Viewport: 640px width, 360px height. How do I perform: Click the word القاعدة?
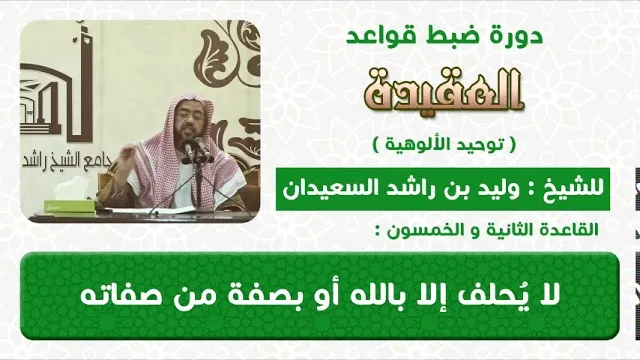click(x=571, y=230)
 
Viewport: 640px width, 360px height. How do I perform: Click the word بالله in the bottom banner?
click(x=379, y=296)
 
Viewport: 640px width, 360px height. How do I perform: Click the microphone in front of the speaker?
click(x=190, y=149)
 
